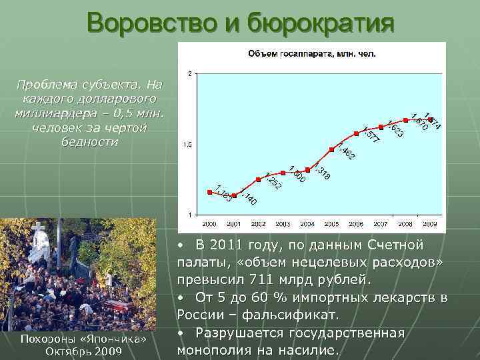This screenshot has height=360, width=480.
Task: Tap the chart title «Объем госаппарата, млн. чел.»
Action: [x=312, y=53]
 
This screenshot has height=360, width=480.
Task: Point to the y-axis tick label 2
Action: [x=191, y=73]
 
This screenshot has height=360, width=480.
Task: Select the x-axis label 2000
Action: [x=209, y=223]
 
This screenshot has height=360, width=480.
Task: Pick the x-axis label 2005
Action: [x=331, y=223]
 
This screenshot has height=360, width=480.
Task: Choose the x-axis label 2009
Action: [x=429, y=223]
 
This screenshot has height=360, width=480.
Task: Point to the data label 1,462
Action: [x=346, y=152]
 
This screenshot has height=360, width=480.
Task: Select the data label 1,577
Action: [x=371, y=134]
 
